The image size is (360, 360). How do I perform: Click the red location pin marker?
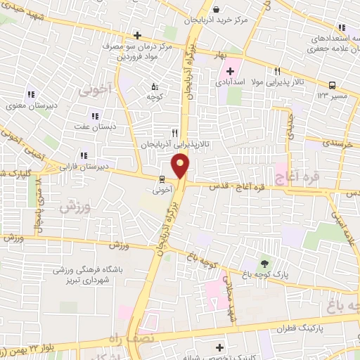181,167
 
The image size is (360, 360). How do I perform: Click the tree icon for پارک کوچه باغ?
264,262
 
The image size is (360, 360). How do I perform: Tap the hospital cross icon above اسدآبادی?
231,72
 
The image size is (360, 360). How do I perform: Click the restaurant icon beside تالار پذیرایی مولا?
277,71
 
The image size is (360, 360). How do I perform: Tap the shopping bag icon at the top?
216,9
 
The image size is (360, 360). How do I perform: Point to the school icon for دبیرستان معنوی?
31,95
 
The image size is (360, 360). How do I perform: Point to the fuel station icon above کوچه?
155,87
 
